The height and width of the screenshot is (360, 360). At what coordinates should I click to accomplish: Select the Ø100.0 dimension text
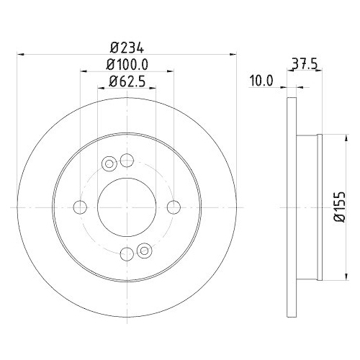click(127, 64)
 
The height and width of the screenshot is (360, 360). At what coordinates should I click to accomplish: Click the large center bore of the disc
click(127, 207)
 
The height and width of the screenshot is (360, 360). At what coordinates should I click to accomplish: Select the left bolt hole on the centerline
click(80, 207)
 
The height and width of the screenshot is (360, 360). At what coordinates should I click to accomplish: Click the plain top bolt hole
click(127, 160)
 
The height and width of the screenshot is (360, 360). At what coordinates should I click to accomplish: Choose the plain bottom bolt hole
click(127, 253)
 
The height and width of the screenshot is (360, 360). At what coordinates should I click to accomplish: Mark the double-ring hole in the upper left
click(109, 163)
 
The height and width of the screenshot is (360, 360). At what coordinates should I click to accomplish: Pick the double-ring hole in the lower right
click(144, 251)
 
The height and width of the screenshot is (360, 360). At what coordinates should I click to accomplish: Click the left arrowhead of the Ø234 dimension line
click(19, 53)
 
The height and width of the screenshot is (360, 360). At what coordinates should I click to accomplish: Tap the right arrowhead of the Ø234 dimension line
click(234, 53)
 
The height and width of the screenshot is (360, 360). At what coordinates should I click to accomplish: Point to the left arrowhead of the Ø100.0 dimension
click(83, 71)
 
